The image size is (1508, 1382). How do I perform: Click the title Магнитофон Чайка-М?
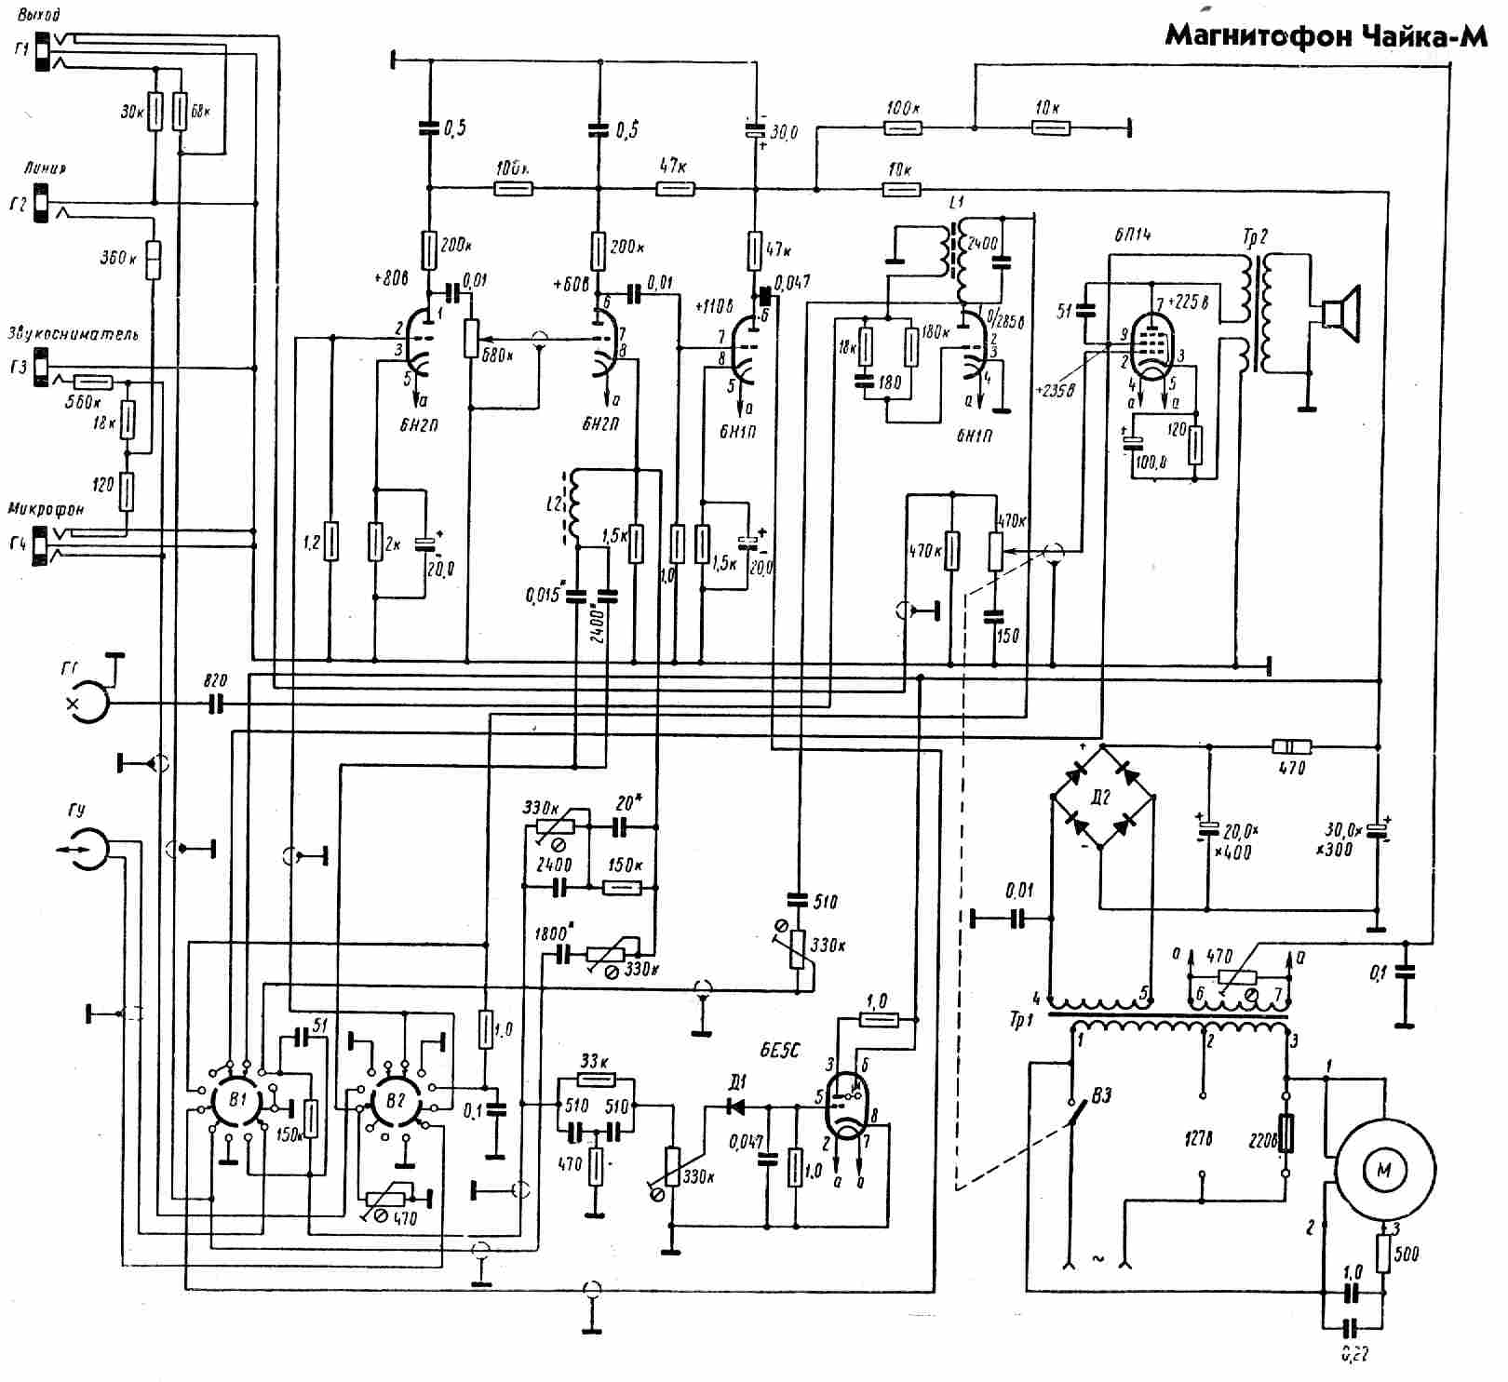tap(1326, 36)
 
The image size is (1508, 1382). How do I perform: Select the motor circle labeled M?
tap(1383, 1170)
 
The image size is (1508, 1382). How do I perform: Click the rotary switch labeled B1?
tap(237, 1100)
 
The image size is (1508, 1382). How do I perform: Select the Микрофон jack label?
tap(46, 509)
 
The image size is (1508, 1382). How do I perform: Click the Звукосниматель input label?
tap(73, 333)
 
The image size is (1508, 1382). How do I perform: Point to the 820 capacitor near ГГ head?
tap(217, 704)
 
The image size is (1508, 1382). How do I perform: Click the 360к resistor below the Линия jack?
tap(155, 258)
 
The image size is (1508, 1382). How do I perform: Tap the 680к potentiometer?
tap(470, 337)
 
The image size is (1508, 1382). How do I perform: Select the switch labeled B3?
tap(1079, 1112)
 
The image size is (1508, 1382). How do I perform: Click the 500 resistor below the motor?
tap(1384, 1252)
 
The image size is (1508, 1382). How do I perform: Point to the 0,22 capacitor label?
tap(1354, 1354)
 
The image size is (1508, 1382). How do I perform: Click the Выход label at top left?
tap(39, 15)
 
